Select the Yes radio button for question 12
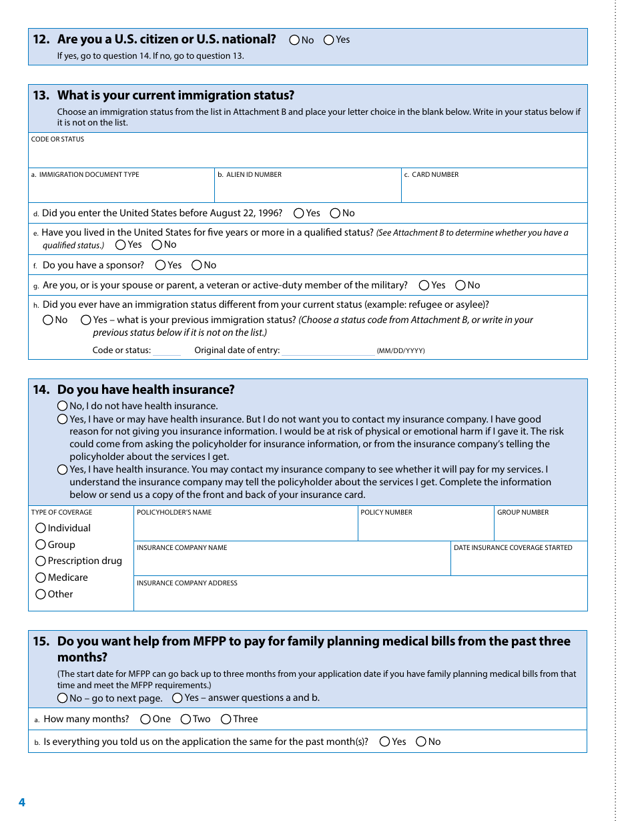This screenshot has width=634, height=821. (x=329, y=40)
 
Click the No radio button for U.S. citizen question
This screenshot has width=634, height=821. (x=294, y=40)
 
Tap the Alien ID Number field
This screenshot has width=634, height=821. (x=307, y=190)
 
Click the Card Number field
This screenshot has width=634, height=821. (x=494, y=190)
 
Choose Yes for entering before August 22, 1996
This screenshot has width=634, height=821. (x=299, y=214)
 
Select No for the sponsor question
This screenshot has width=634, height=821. (x=197, y=266)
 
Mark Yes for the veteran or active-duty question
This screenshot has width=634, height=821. (x=424, y=286)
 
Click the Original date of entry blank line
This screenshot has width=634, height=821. (x=328, y=351)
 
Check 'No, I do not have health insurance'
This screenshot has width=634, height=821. (x=63, y=406)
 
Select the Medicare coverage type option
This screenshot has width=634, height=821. (x=41, y=578)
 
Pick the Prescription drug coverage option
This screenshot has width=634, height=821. (x=41, y=561)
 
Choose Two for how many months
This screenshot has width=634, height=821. (x=186, y=720)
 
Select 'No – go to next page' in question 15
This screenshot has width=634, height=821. (x=63, y=698)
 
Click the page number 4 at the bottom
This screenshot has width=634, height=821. (x=22, y=802)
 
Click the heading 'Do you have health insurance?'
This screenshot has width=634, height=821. (x=145, y=390)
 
